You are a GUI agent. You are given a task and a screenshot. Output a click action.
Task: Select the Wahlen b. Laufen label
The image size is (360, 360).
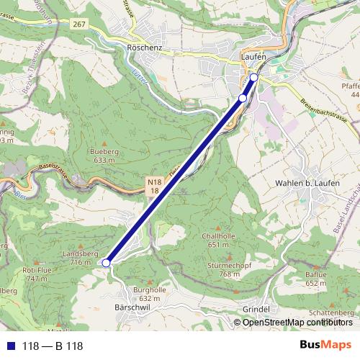click(307, 184)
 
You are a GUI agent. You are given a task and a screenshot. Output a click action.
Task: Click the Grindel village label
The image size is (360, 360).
click(256, 310)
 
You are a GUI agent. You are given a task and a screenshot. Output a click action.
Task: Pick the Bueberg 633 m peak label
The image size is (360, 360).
click(104, 156)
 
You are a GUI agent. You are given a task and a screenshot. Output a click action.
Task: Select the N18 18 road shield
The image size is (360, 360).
click(153, 186)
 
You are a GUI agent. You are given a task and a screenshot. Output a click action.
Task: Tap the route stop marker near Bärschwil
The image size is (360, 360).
click(106, 264)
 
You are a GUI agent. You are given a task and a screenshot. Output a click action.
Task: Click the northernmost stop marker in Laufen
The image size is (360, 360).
click(253, 76)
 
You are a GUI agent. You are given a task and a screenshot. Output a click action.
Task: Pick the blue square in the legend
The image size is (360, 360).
click(9, 346)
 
